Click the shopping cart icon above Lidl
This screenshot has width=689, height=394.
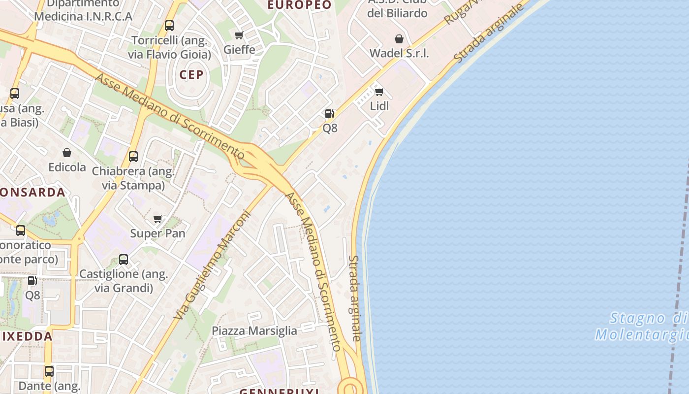tap(379, 92)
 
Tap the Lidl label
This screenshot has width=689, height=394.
tap(379, 106)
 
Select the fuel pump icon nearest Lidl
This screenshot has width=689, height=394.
tap(330, 114)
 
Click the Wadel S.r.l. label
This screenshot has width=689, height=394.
tap(399, 53)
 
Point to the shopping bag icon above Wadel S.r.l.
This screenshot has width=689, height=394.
tap(399, 39)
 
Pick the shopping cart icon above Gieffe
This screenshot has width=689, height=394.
tap(239, 35)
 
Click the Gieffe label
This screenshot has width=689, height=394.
tap(239, 49)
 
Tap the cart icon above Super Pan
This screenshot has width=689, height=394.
tap(158, 219)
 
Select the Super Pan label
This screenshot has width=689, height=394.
tap(157, 233)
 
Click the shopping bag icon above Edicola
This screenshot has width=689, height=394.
tap(67, 153)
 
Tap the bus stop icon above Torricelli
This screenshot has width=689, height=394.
tap(169, 26)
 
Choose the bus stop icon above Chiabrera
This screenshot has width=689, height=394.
tap(133, 157)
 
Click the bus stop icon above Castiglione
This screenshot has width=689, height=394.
tap(124, 259)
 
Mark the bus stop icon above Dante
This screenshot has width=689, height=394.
tap(49, 371)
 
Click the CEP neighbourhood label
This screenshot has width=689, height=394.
tap(191, 75)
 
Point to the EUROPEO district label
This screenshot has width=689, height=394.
tap(300, 5)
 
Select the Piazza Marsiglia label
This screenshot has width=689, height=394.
tap(254, 331)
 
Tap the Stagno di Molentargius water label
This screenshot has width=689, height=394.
tap(642, 326)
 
